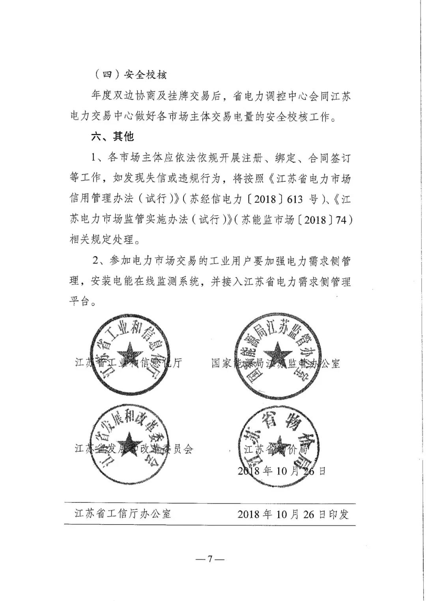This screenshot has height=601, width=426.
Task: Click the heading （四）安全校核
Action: pyautogui.click(x=131, y=75)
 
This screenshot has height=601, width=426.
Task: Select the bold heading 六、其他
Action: pyautogui.click(x=113, y=136)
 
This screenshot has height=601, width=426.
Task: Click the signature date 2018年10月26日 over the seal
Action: pyautogui.click(x=282, y=471)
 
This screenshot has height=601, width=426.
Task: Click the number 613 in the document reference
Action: pyautogui.click(x=295, y=199)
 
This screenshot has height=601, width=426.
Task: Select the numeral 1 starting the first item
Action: pyautogui.click(x=93, y=158)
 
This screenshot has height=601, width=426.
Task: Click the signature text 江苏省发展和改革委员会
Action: pyautogui.click(x=134, y=449)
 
